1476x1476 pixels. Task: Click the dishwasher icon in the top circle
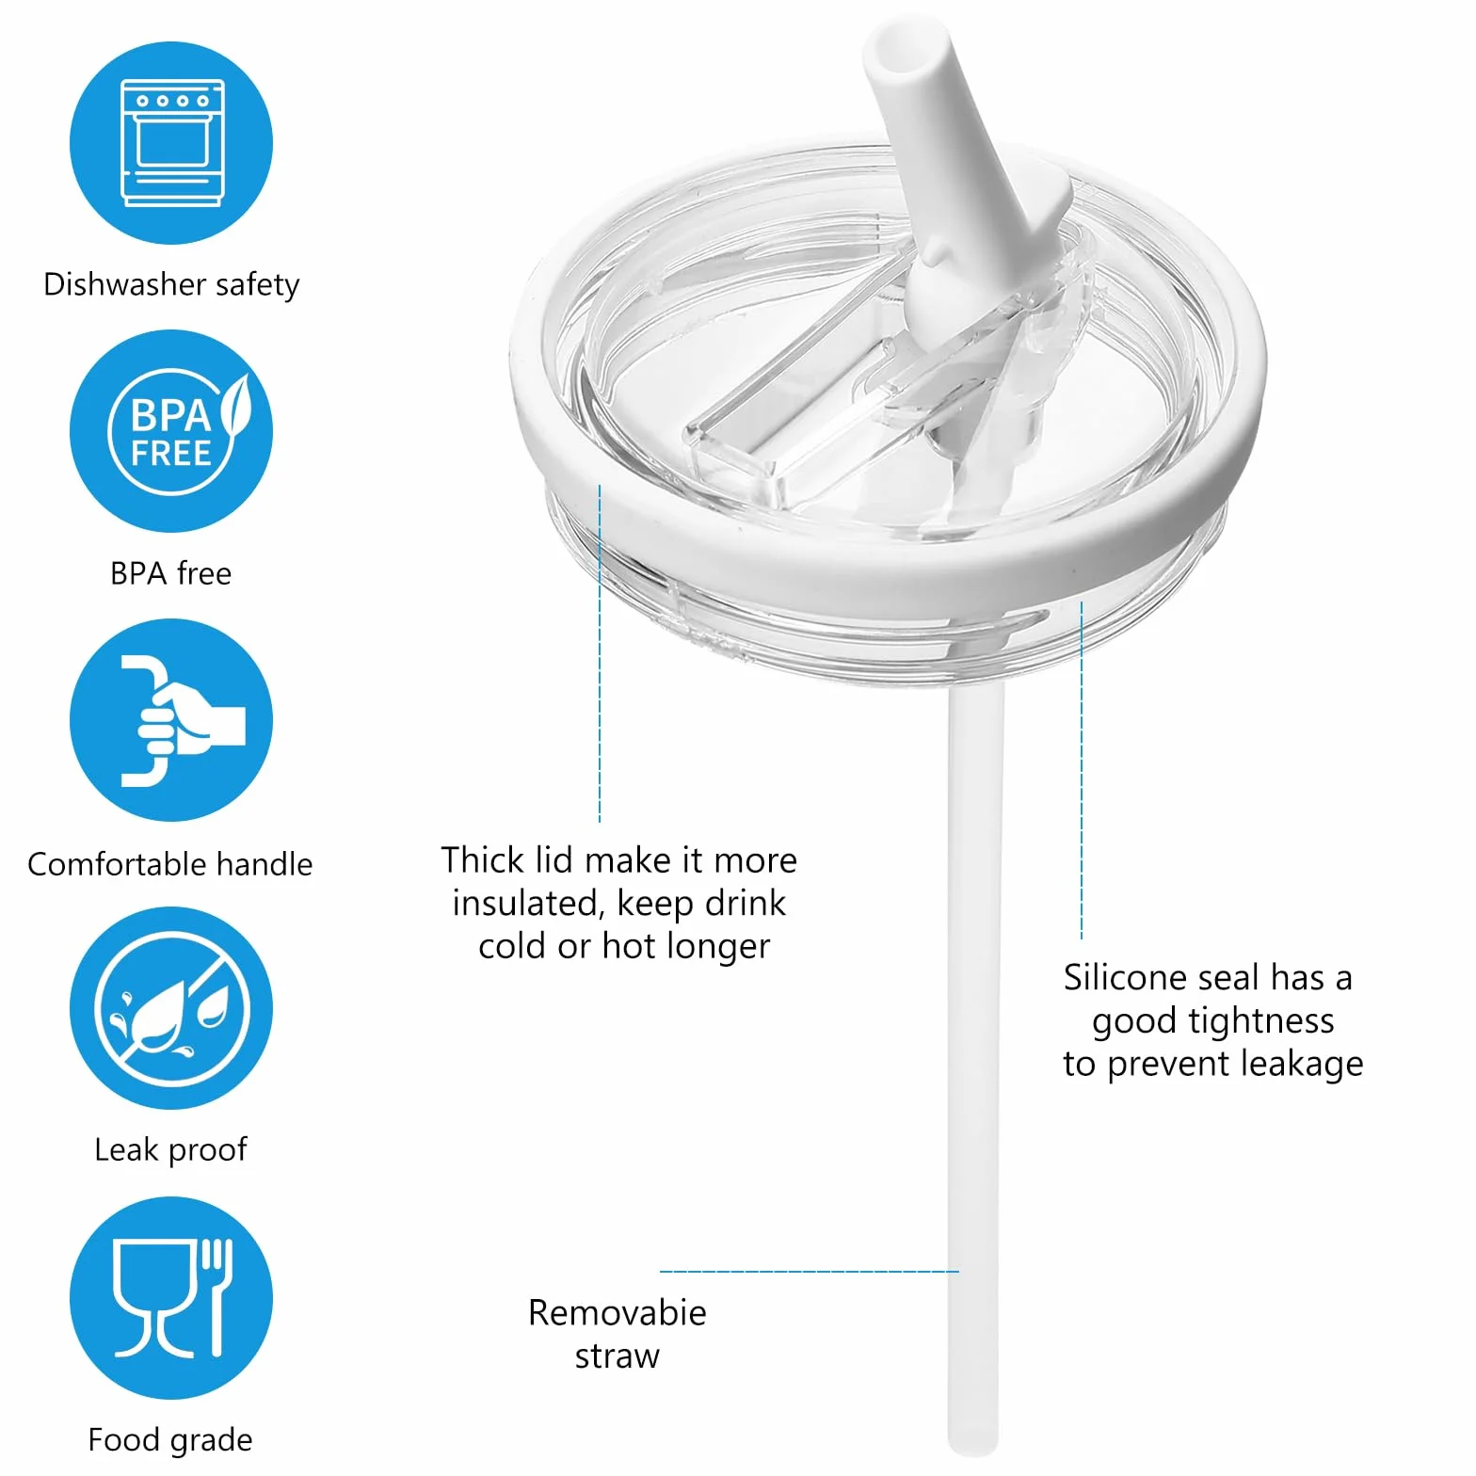(172, 142)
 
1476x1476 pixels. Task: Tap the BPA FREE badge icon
(178, 431)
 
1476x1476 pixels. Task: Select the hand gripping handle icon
(182, 720)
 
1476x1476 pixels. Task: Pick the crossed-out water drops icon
(171, 1009)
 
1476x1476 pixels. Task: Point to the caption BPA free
(170, 573)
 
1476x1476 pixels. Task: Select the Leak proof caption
(170, 1149)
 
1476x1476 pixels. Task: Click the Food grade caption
(170, 1439)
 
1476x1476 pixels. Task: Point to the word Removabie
(618, 1312)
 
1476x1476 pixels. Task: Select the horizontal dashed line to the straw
(810, 1272)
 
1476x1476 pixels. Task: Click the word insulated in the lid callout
(528, 904)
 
